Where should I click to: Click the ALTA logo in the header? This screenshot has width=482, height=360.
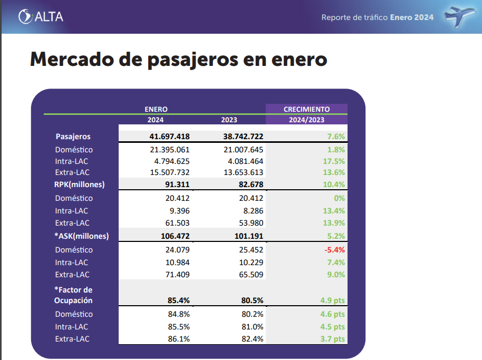pos(41,16)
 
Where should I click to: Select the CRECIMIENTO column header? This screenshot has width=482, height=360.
pos(306,109)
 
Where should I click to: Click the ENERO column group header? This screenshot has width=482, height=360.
pos(156,109)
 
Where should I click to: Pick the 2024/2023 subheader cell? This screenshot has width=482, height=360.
pos(306,120)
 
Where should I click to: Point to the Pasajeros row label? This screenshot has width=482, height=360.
pos(73,136)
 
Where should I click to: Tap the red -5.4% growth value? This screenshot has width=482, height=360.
pos(335,250)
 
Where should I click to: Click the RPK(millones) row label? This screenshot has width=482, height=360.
pos(80,184)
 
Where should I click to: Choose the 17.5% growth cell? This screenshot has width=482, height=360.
pos(334,161)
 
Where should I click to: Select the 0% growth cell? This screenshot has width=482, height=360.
pos(339,198)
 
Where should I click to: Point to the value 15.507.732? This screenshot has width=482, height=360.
pos(166,172)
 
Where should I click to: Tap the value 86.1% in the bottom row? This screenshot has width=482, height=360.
pos(179,339)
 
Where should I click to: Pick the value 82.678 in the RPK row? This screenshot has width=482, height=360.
pos(248,184)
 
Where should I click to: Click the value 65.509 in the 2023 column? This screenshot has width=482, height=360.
pos(250,274)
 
